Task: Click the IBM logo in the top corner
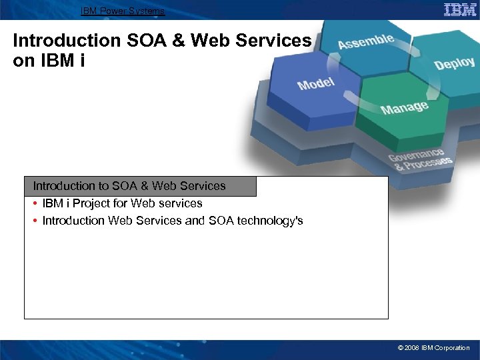coord(460,9)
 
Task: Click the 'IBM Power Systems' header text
coord(122,11)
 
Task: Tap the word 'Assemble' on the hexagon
coord(365,41)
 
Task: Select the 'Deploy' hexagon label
coord(454,63)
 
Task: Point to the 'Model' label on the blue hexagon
coord(316,84)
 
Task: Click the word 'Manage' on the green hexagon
coord(404,107)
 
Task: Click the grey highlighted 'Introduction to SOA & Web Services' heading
coord(129,186)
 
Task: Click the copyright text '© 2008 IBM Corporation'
coord(433,348)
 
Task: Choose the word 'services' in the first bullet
coord(181,203)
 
